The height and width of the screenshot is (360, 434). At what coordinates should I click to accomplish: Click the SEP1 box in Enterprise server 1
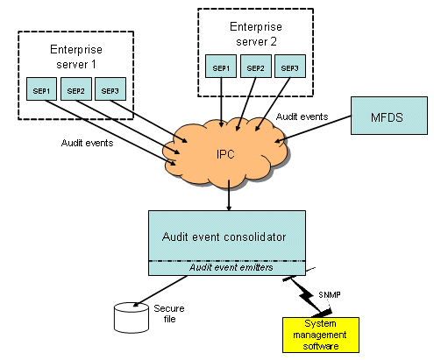coord(41,89)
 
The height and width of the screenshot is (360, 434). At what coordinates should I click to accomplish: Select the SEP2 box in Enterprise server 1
coord(76,89)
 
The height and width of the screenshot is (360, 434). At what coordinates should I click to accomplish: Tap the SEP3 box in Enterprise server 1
coord(110,89)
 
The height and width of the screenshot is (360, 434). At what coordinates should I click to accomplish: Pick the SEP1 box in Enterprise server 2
coord(221,67)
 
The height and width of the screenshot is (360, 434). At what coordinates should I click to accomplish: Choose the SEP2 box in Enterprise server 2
coord(256,67)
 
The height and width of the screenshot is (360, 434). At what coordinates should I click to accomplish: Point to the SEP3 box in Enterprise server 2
coord(290,67)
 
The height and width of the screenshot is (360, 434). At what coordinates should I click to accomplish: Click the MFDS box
coord(389,116)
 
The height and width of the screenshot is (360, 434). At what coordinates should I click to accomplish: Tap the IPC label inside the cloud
coord(225,154)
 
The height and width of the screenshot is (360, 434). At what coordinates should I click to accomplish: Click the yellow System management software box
coord(321,335)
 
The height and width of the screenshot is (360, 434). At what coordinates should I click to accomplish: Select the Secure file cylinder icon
coord(132,318)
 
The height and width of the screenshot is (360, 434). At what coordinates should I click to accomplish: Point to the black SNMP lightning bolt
coord(307,295)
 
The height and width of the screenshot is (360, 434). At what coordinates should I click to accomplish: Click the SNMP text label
coord(330,295)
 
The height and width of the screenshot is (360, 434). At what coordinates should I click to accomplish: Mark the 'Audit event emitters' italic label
coord(231,267)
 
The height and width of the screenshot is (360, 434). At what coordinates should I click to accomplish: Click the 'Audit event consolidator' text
coord(224,236)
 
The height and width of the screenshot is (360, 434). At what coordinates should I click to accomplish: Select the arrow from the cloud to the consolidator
coord(229,195)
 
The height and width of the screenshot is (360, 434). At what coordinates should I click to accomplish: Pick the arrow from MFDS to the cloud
coord(313,129)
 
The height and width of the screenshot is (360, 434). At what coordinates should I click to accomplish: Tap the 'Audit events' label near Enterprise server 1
coord(87,143)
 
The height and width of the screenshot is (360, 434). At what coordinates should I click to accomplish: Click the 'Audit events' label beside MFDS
coord(302,116)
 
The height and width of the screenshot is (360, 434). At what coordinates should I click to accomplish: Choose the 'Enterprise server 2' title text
coord(256,34)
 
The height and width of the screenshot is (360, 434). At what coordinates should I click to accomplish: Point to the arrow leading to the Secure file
coord(160,291)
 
